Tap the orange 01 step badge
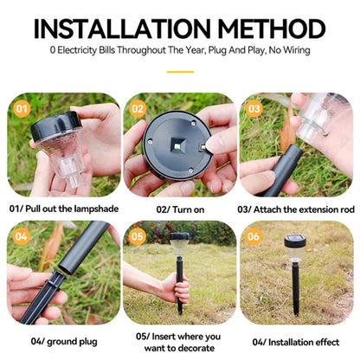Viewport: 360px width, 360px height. point(22,110)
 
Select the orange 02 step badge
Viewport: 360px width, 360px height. point(138,110)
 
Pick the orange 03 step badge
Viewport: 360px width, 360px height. point(254,110)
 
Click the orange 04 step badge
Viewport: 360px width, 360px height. point(22,236)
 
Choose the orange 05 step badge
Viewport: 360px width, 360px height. point(138,236)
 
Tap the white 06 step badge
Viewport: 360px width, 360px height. point(254,236)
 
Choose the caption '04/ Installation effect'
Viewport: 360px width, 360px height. point(295,339)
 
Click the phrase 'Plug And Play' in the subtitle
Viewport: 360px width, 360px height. point(256,50)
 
